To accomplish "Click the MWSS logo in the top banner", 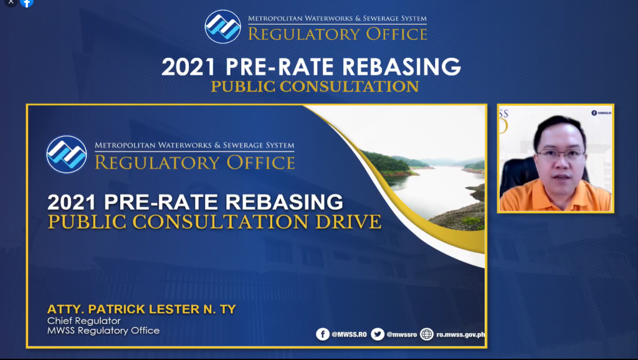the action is coord(222,27).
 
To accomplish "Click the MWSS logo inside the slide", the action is coord(66,154).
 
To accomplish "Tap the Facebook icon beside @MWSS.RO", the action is coord(323,334).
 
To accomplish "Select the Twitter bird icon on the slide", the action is coord(378,334).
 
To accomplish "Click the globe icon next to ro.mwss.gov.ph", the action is coord(427,334).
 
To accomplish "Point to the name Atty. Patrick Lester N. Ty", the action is coord(141,309).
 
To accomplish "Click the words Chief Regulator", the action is coord(84,321).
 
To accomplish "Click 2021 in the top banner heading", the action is coord(188,67).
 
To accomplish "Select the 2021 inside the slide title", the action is coord(72,202).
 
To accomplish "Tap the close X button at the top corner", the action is coord(11,2).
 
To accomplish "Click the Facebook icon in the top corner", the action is coord(27,3).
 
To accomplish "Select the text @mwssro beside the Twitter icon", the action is coord(402,334).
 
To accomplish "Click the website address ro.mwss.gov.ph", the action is coord(460,334).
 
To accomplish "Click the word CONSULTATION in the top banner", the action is coord(349,87).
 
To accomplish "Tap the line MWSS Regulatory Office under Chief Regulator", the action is coord(103,331).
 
